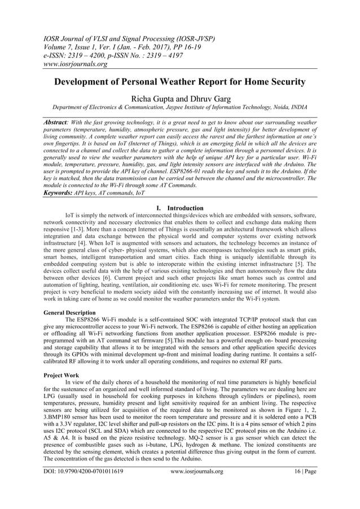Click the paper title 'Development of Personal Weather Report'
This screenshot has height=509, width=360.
click(x=179, y=82)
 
